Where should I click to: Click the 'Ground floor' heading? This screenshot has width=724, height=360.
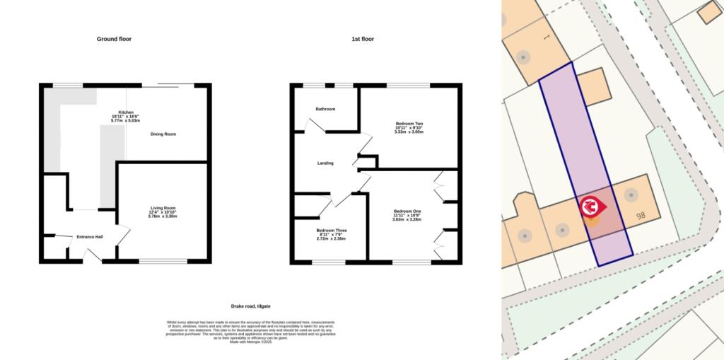(x=116, y=39)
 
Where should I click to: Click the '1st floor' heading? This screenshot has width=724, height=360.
(x=363, y=39)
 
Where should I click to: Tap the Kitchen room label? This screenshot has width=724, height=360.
(x=127, y=112)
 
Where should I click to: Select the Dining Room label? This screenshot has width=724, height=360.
(x=163, y=134)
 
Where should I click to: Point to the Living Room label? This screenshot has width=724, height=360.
(x=163, y=207)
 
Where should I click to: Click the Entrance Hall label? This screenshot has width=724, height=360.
(x=90, y=236)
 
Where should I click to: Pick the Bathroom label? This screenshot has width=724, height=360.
(x=325, y=109)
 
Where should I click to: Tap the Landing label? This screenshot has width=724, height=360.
(x=325, y=163)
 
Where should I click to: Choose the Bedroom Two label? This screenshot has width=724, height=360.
(x=409, y=123)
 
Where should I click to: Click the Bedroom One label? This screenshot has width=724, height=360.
(x=407, y=211)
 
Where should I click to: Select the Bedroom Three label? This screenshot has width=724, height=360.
(x=332, y=231)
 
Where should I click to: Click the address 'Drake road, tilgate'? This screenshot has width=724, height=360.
(x=252, y=306)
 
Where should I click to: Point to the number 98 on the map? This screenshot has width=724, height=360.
(x=642, y=217)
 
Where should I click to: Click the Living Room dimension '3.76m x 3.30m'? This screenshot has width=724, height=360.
(x=163, y=216)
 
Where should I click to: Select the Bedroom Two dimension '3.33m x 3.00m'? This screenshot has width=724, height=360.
(x=409, y=132)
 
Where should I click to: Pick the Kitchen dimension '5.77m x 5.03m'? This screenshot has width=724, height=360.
(x=127, y=121)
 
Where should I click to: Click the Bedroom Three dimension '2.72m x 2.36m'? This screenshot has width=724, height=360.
(x=332, y=238)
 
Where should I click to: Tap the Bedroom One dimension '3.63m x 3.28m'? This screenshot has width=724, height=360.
(x=407, y=219)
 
